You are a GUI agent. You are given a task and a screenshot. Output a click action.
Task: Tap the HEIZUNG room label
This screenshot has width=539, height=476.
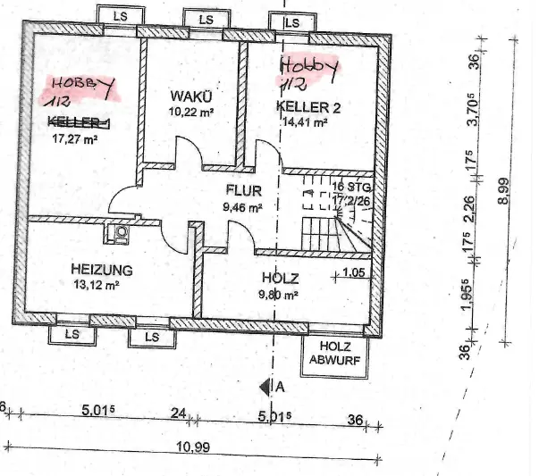(102, 269)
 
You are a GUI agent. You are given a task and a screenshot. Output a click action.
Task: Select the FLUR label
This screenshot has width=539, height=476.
(241, 190)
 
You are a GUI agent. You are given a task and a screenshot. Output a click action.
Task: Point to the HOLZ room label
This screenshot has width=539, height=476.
(280, 278)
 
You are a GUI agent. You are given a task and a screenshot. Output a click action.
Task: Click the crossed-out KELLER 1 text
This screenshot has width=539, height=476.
(79, 122)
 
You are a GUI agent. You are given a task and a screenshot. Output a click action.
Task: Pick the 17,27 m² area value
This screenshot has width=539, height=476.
(75, 138)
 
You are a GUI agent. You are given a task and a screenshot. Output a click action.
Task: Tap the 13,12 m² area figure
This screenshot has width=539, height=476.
(96, 286)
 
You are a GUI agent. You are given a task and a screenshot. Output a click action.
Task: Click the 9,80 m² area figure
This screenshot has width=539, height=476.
(278, 294)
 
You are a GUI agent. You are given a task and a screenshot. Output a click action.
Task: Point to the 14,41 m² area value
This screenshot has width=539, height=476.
(303, 123)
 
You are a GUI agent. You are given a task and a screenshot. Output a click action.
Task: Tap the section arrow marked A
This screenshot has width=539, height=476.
(267, 387)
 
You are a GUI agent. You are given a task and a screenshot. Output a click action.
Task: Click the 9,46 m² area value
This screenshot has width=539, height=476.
(242, 207)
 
